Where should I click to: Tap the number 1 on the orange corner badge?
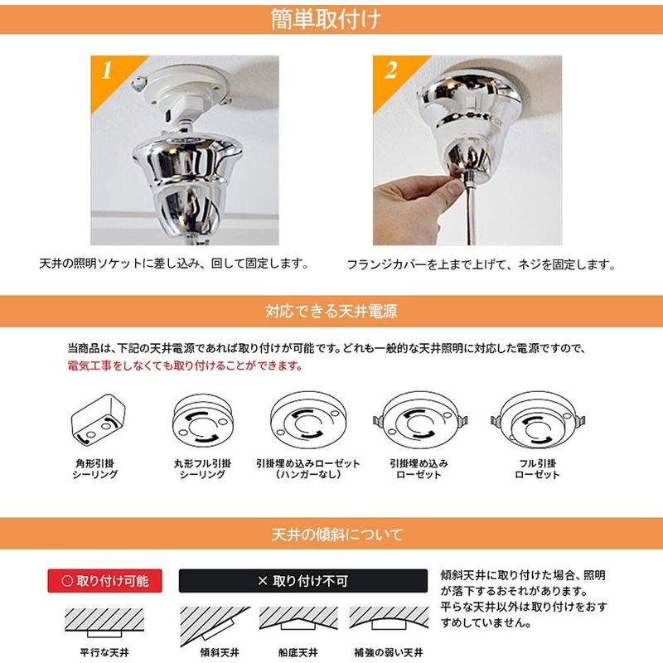pyautogui.click(x=106, y=70)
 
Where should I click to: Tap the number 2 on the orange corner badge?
pyautogui.click(x=390, y=70)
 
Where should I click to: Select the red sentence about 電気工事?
pyautogui.click(x=185, y=365)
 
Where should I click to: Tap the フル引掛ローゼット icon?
pyautogui.click(x=537, y=423)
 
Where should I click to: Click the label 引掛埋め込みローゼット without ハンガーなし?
pyautogui.click(x=419, y=469)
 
